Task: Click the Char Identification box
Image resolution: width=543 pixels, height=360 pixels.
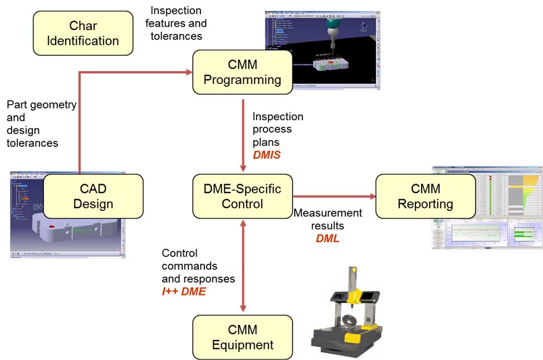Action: coord(83,33)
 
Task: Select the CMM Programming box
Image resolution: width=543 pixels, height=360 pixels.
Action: coord(242,72)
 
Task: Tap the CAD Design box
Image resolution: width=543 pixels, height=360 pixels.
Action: coord(93,196)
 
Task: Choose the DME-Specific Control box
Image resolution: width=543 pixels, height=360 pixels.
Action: coord(242,196)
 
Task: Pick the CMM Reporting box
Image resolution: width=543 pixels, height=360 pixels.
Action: coord(425,196)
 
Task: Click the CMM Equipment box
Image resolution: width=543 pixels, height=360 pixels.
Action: coord(242,337)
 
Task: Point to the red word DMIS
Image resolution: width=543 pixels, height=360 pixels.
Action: coord(266,155)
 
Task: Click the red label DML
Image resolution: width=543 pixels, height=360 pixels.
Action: coord(327,238)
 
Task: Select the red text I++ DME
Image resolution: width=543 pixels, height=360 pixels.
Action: coord(184,290)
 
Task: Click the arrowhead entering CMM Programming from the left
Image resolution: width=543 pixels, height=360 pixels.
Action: coord(188,72)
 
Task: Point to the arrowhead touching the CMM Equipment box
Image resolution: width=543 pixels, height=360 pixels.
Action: coord(243,310)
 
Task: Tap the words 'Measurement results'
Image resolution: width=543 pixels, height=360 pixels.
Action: coord(327,219)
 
